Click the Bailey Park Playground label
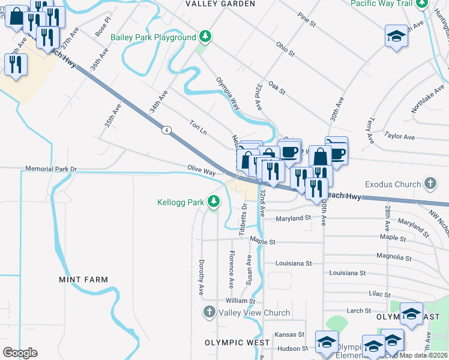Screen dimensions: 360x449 coord(153,37)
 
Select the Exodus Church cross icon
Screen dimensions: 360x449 coord(430,183)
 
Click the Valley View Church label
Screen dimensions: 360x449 coord(254,313)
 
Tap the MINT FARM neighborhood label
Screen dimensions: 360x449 coord(83,280)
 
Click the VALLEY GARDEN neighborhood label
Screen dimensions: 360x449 coord(220,4)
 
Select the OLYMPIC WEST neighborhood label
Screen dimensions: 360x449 coord(237,343)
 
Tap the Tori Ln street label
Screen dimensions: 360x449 coord(198,127)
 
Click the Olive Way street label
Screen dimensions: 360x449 coord(201,171)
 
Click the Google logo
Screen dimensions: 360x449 coord(20,353)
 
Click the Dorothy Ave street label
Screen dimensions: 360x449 coord(202,277)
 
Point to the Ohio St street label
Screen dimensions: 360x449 coord(285,49)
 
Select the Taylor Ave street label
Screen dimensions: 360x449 coord(400,137)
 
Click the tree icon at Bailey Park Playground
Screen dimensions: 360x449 coord(206,37)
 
